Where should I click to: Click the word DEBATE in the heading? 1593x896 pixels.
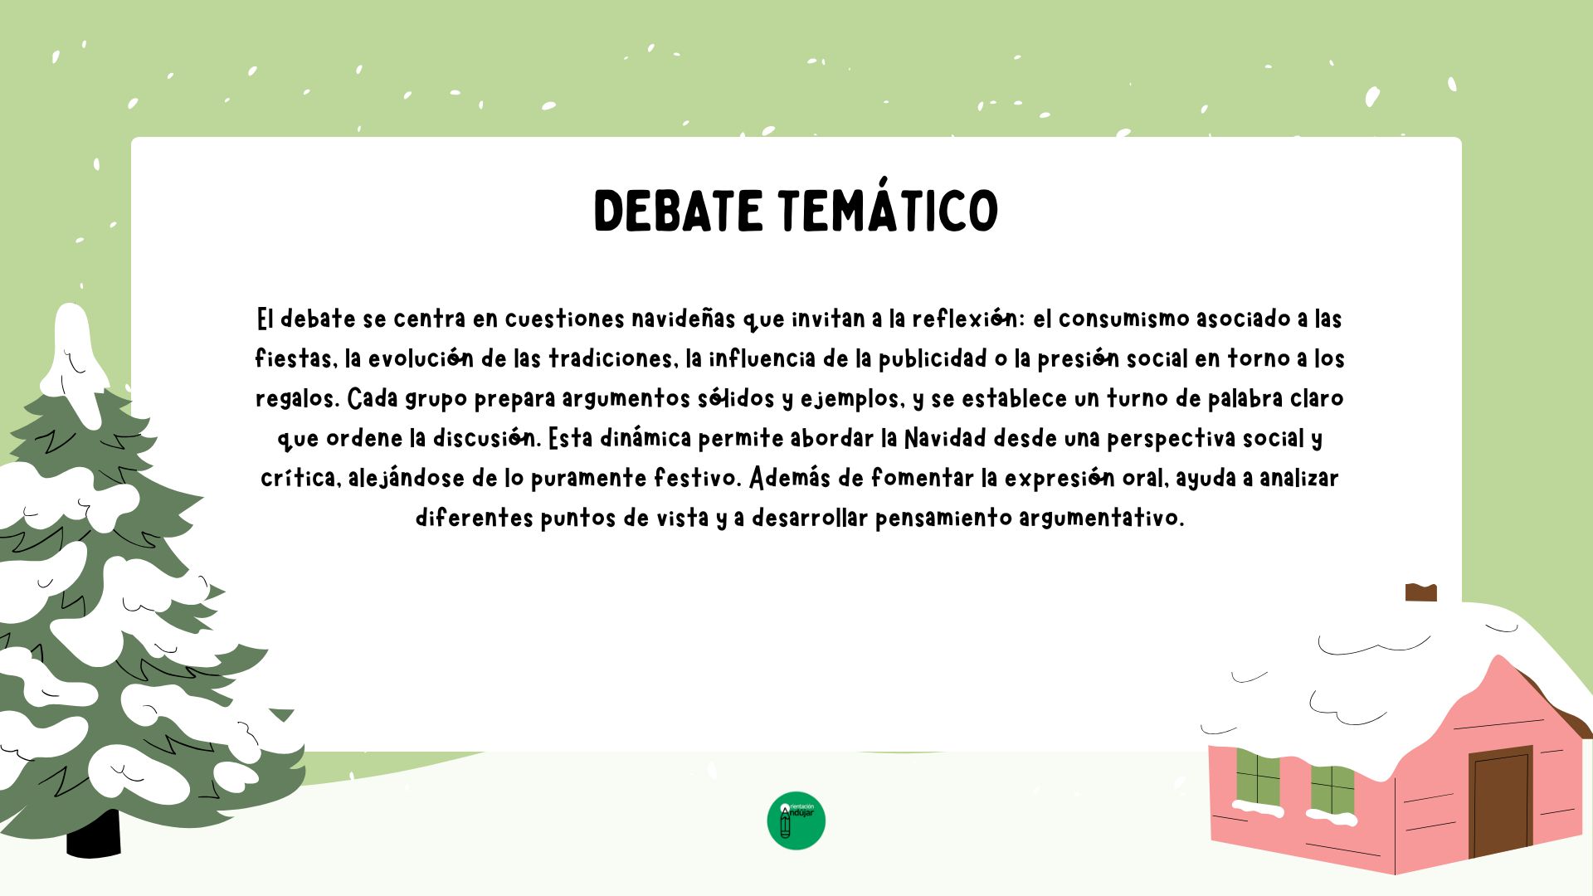(x=678, y=211)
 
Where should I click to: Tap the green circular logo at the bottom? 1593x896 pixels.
(x=796, y=821)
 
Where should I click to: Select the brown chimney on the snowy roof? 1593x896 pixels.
(x=1421, y=592)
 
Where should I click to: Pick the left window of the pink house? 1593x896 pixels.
(x=1258, y=778)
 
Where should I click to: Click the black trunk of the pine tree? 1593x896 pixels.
(x=94, y=834)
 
